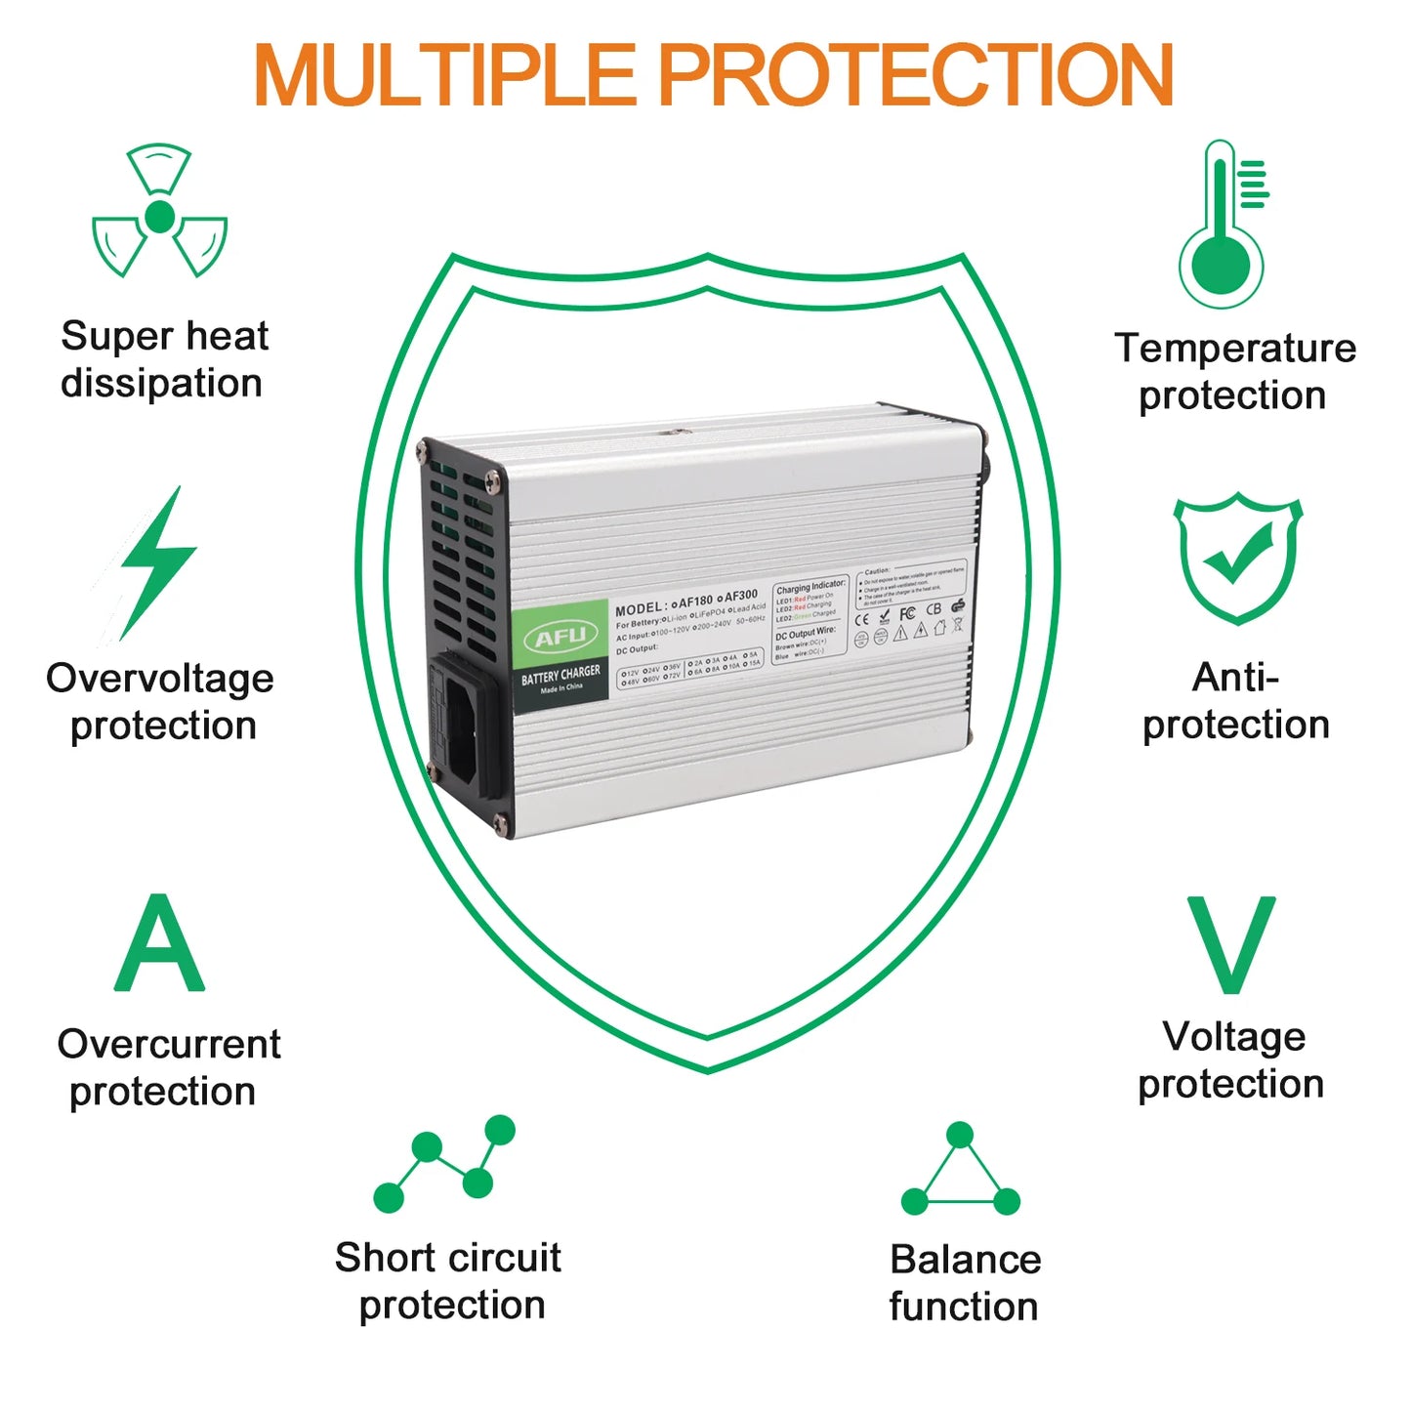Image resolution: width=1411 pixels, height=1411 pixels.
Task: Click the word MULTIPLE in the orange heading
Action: (444, 76)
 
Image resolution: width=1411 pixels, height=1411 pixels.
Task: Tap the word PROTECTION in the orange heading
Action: (918, 76)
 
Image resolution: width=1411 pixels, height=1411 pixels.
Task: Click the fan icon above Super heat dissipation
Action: (159, 212)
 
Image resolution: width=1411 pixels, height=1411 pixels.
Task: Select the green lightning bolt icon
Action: (156, 563)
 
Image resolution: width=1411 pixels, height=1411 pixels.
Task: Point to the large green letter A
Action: (159, 944)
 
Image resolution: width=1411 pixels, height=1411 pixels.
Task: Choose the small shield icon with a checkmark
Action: (1238, 558)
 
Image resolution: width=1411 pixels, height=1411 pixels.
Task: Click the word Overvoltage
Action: (160, 679)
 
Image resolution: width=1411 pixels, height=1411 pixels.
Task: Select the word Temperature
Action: (1235, 349)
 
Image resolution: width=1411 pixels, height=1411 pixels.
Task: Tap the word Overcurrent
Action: (169, 1045)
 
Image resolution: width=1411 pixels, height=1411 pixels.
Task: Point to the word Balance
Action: (965, 1260)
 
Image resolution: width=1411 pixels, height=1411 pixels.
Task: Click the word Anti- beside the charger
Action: (1235, 678)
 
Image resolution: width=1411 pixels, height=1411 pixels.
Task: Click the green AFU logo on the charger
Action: (560, 637)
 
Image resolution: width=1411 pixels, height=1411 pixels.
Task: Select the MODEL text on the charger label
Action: (641, 609)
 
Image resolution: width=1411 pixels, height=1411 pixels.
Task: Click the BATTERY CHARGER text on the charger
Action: (560, 675)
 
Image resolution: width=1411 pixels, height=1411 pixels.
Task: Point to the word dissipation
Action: (161, 384)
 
